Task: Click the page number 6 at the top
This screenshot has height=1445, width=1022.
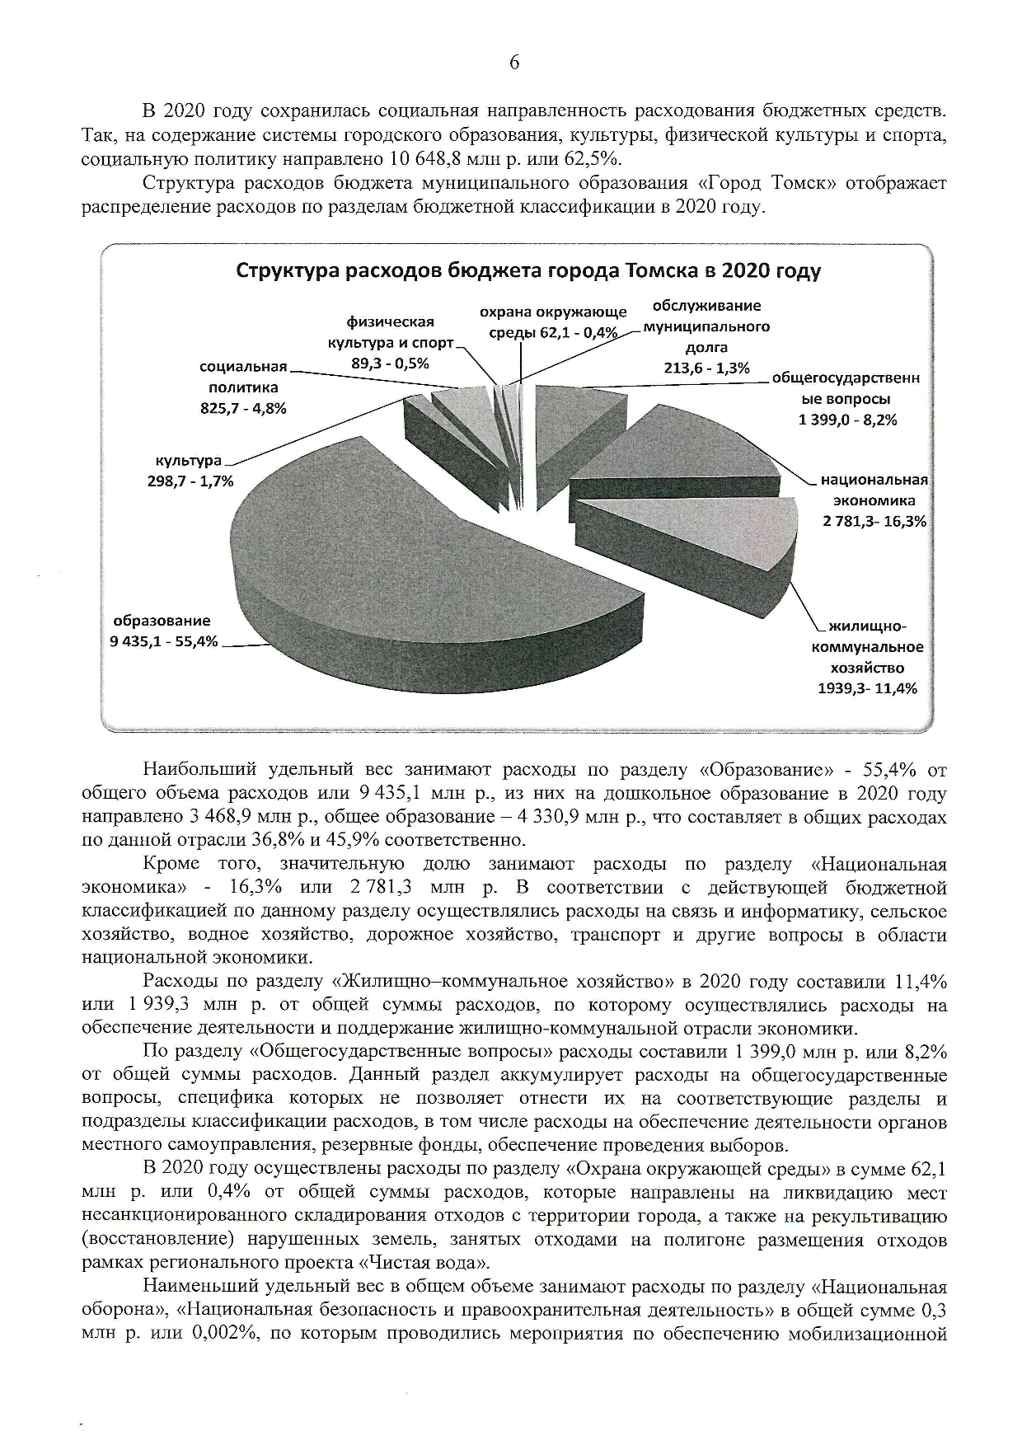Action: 514,63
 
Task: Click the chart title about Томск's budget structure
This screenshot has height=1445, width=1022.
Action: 528,271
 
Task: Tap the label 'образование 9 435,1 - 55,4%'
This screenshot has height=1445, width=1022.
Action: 162,631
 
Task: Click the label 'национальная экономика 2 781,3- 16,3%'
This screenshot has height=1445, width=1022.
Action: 874,500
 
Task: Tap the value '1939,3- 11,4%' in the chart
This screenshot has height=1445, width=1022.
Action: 867,688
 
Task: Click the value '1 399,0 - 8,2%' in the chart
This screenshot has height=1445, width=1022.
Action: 847,420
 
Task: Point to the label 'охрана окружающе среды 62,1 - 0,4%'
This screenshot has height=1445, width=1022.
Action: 553,322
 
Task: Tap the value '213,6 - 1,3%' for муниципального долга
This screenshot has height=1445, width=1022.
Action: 706,368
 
